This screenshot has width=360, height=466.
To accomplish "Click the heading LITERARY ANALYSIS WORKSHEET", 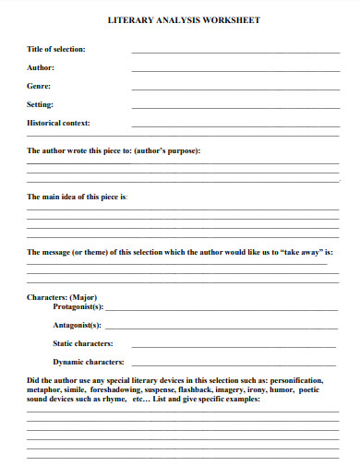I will (x=184, y=18).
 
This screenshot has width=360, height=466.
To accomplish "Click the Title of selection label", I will (x=56, y=49).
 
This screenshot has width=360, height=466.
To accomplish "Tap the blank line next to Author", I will (x=234, y=70).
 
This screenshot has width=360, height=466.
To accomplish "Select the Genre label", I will (x=40, y=86).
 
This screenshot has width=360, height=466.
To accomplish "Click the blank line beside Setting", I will (x=234, y=107).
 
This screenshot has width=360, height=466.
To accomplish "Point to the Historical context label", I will (x=58, y=123).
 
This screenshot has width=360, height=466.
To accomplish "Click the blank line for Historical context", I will (x=234, y=125).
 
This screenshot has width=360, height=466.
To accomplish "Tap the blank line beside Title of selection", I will (x=234, y=52).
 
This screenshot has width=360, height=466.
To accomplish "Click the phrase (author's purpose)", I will (x=167, y=150).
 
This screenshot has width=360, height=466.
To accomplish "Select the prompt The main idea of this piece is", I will (x=78, y=197).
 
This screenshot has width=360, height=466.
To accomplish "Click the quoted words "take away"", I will (x=303, y=252).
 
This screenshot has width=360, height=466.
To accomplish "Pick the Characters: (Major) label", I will (x=62, y=297).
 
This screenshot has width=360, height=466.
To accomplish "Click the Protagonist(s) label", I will (x=78, y=306).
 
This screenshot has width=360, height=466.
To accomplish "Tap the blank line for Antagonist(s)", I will (x=222, y=328).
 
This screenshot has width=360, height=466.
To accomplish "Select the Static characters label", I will (x=90, y=342).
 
